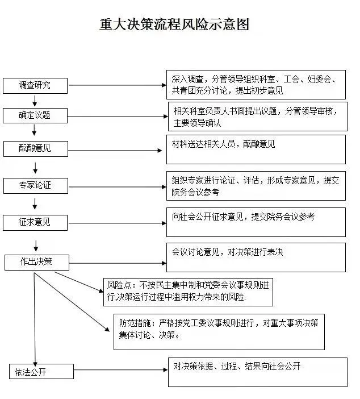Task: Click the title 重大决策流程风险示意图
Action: pyautogui.click(x=174, y=24)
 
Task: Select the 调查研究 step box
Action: pyautogui.click(x=35, y=85)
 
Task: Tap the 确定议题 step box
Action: pyautogui.click(x=35, y=115)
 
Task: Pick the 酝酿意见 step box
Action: pyautogui.click(x=35, y=148)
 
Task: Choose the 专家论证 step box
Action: pyautogui.click(x=35, y=185)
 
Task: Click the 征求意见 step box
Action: pyautogui.click(x=35, y=222)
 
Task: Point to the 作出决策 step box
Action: pyautogui.click(x=37, y=262)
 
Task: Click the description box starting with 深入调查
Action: pyautogui.click(x=256, y=85)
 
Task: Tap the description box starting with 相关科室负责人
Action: pyautogui.click(x=257, y=117)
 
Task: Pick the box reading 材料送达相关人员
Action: pyautogui.click(x=256, y=149)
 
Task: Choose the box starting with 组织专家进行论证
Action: pyautogui.click(x=256, y=186)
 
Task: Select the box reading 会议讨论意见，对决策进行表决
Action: pyautogui.click(x=256, y=257)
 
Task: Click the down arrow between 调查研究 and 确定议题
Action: pyautogui.click(x=35, y=101)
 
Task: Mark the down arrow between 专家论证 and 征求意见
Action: pyautogui.click(x=35, y=203)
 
